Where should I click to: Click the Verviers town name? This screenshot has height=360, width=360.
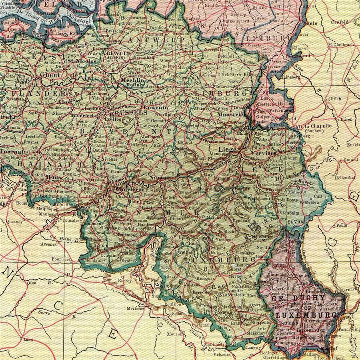click(264, 153)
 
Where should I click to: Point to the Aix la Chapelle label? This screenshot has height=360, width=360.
click(318, 126)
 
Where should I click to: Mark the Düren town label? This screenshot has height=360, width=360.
click(346, 119)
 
